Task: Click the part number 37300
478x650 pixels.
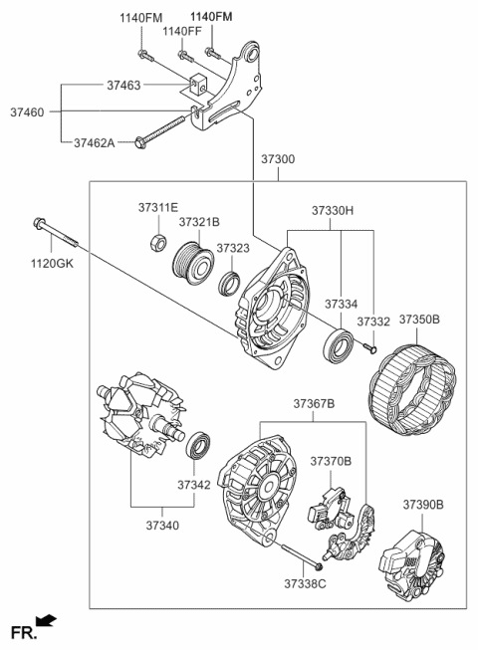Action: tap(279, 160)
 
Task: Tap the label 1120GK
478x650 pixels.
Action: tap(53, 265)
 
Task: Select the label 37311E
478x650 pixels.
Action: tap(157, 207)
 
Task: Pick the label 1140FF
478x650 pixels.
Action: tap(183, 31)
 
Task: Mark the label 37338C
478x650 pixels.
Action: tap(304, 582)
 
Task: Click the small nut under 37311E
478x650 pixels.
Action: tap(156, 241)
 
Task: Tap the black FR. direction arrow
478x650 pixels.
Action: tap(45, 622)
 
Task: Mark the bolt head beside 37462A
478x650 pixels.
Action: tap(140, 144)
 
